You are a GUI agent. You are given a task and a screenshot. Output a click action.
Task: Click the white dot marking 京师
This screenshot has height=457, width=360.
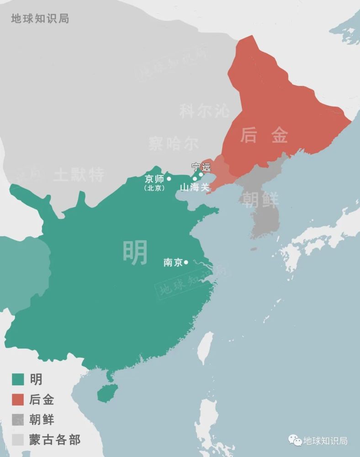[169, 179]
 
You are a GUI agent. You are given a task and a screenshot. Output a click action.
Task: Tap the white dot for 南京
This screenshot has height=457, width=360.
[186, 262]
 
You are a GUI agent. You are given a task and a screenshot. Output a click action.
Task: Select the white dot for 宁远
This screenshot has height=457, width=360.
[201, 174]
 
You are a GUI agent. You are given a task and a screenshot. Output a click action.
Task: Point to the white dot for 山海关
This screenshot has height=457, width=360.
[195, 179]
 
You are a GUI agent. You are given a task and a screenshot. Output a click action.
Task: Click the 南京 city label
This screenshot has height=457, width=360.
[173, 263]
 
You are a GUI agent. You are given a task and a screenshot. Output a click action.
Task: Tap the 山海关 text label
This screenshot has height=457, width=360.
[194, 187]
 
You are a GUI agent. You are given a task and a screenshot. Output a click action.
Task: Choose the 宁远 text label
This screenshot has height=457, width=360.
[201, 167]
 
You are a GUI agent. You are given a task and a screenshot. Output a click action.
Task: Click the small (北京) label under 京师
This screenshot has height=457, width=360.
[154, 188]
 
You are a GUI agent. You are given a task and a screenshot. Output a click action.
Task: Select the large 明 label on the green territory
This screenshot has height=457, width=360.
[136, 252]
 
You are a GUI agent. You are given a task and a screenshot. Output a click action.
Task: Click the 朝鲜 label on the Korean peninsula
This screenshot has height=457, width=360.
[260, 200]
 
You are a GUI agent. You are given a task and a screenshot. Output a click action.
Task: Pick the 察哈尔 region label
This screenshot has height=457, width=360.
[173, 143]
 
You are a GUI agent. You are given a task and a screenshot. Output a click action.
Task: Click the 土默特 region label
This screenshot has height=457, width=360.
[79, 174]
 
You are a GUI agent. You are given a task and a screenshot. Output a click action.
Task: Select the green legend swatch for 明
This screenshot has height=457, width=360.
[18, 379]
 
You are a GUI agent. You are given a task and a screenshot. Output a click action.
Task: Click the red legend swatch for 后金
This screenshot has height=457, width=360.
[18, 399]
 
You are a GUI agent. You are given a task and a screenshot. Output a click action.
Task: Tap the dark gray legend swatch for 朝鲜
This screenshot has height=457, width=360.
[18, 419]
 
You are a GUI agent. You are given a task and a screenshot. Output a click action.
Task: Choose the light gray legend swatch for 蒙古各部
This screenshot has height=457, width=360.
[18, 439]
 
